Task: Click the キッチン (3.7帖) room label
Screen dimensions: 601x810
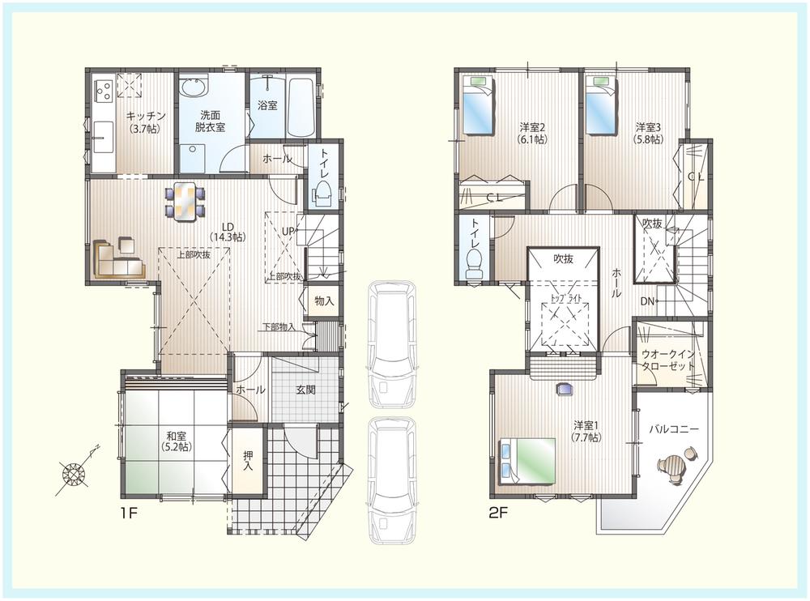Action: click(x=146, y=121)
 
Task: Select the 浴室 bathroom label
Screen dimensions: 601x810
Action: click(x=268, y=105)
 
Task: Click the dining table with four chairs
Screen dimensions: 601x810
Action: click(x=185, y=200)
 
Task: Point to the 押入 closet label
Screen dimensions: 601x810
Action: click(x=248, y=461)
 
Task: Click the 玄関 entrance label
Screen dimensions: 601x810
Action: click(x=305, y=390)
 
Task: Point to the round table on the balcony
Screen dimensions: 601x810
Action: click(x=673, y=467)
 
